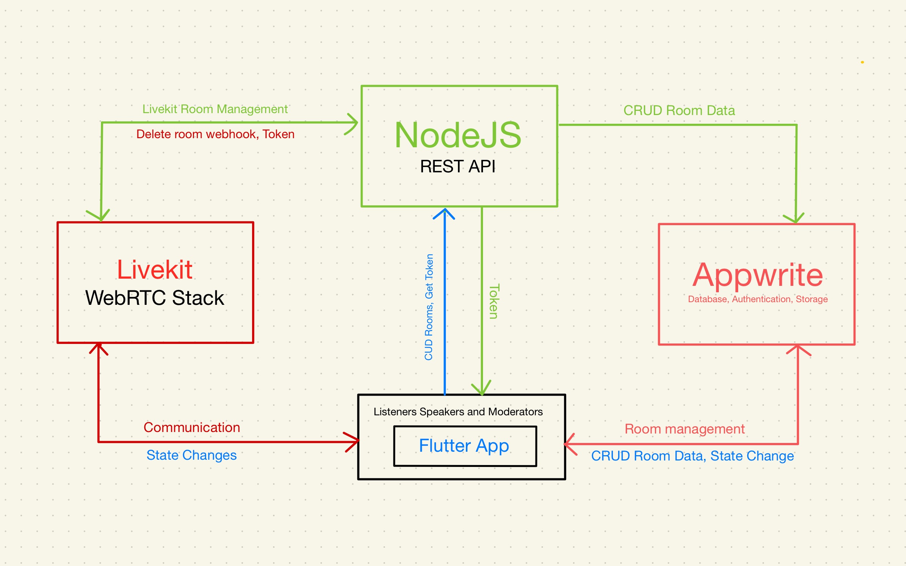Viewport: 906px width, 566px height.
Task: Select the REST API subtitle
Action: pos(458,166)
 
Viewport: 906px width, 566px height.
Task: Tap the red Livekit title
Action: pos(155,270)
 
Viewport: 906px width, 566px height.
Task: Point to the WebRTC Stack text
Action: pos(155,298)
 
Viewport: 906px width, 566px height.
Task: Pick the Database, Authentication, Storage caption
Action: pos(758,299)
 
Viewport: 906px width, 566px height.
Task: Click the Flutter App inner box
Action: pos(465,446)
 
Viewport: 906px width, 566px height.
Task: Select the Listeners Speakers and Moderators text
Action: pos(458,411)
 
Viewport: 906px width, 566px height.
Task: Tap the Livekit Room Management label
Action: pos(215,109)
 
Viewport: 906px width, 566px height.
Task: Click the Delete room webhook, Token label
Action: pos(215,134)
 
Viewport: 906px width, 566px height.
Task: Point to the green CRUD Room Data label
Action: pos(679,110)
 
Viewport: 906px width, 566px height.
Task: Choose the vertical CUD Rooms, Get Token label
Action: pos(429,307)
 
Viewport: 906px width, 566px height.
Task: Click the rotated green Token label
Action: pos(494,301)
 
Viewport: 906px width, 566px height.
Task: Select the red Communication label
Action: pos(192,427)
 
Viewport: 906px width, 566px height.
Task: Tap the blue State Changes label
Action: pos(191,455)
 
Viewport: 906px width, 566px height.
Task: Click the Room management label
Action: pos(685,429)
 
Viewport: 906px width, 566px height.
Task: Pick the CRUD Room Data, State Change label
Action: pos(693,456)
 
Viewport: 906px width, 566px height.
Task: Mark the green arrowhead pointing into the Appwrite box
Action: pos(795,218)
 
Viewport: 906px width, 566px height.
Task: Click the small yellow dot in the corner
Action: pos(863,62)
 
